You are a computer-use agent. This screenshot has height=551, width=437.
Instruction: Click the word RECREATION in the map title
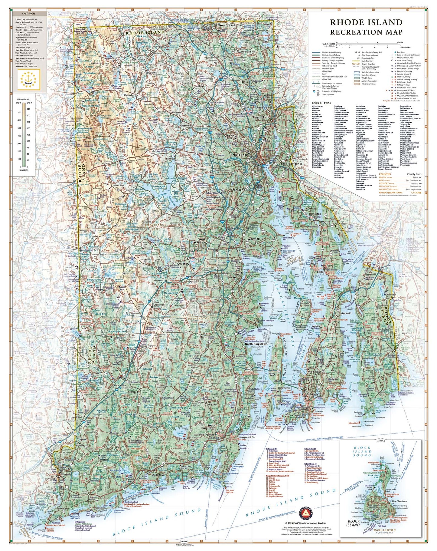click(x=352, y=32)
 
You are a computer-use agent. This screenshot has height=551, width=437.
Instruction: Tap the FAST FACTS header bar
click(x=29, y=14)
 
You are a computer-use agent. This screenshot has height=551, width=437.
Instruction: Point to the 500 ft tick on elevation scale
click(x=19, y=128)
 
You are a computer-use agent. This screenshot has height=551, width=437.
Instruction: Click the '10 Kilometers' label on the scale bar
click(x=405, y=48)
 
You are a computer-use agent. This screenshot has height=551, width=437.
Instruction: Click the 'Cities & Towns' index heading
click(x=321, y=103)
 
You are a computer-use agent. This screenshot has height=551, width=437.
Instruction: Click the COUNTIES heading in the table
click(x=385, y=174)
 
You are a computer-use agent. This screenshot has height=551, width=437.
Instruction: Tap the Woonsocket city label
click(x=227, y=25)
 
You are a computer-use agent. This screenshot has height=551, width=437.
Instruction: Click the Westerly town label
click(x=66, y=474)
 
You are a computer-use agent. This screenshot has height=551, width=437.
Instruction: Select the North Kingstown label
click(x=256, y=344)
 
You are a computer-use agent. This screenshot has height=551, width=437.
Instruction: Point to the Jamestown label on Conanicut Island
click(x=284, y=388)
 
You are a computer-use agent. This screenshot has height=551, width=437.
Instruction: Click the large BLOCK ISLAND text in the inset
click(x=354, y=523)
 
